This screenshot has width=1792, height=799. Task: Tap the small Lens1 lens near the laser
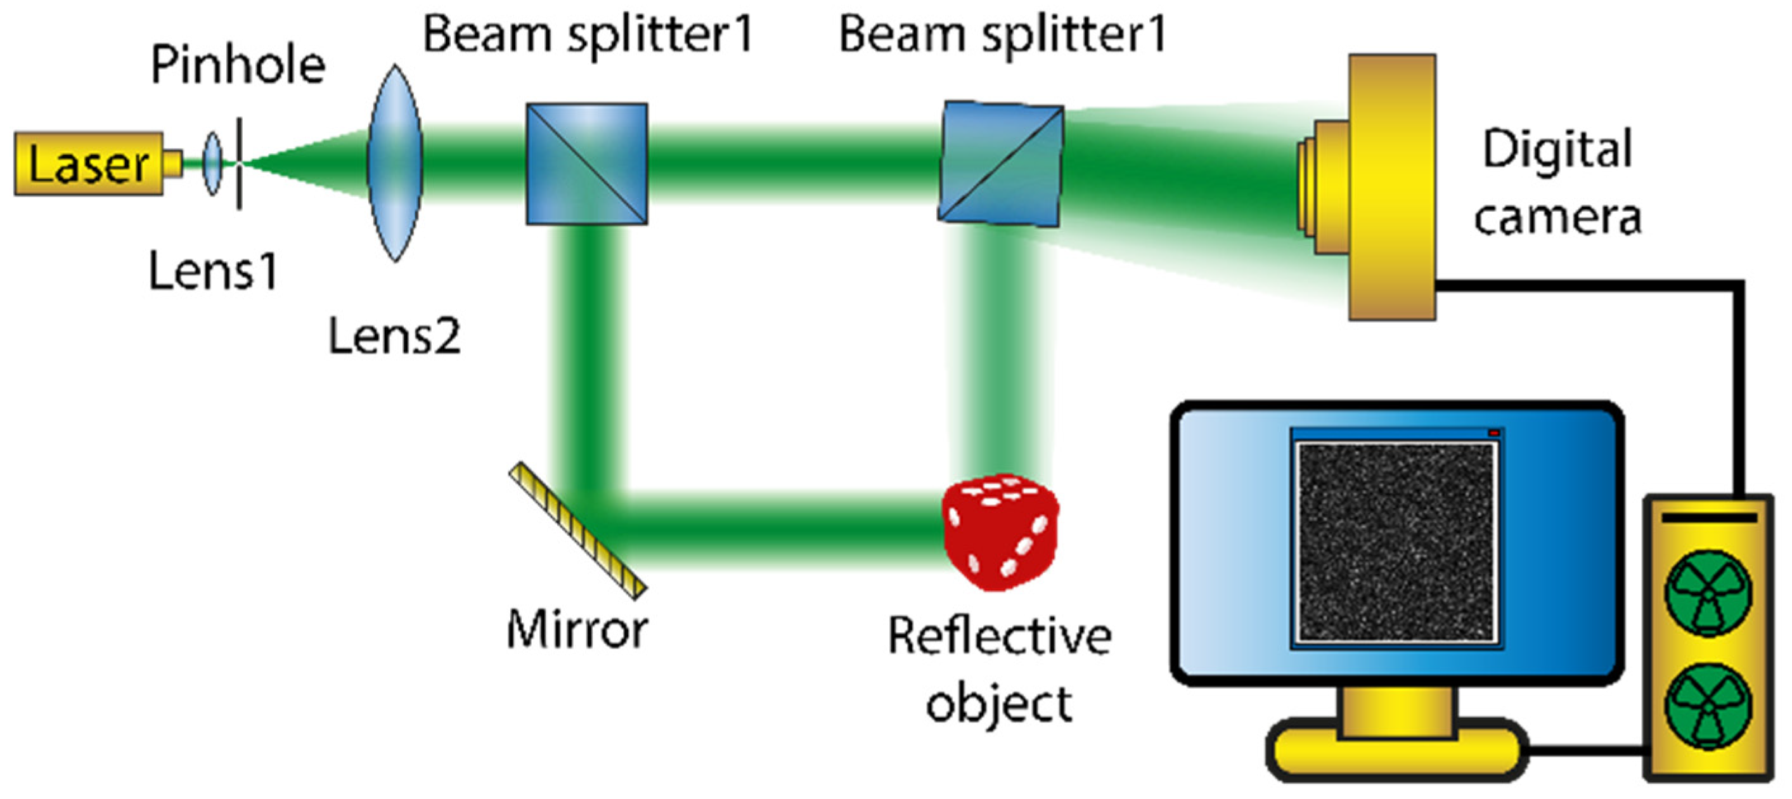click(x=212, y=164)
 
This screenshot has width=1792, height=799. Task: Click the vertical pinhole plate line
click(x=240, y=164)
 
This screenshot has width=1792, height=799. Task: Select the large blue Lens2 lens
click(x=395, y=164)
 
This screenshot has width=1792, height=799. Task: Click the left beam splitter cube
click(x=586, y=164)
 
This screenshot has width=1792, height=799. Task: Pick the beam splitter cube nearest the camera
click(x=1001, y=164)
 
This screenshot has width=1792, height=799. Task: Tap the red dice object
click(x=1000, y=533)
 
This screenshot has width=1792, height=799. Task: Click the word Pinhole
click(x=238, y=66)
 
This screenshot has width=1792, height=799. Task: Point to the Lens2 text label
click(x=394, y=337)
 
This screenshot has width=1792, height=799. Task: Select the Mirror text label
click(x=577, y=630)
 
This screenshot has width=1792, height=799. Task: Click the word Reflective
click(x=1000, y=636)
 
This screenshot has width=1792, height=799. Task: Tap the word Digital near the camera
click(x=1557, y=150)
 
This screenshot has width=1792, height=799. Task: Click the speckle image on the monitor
click(x=1396, y=542)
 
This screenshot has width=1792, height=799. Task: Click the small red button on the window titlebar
click(x=1493, y=433)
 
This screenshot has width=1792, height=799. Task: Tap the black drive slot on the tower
click(x=1708, y=519)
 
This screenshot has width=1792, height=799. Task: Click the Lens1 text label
click(x=213, y=271)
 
